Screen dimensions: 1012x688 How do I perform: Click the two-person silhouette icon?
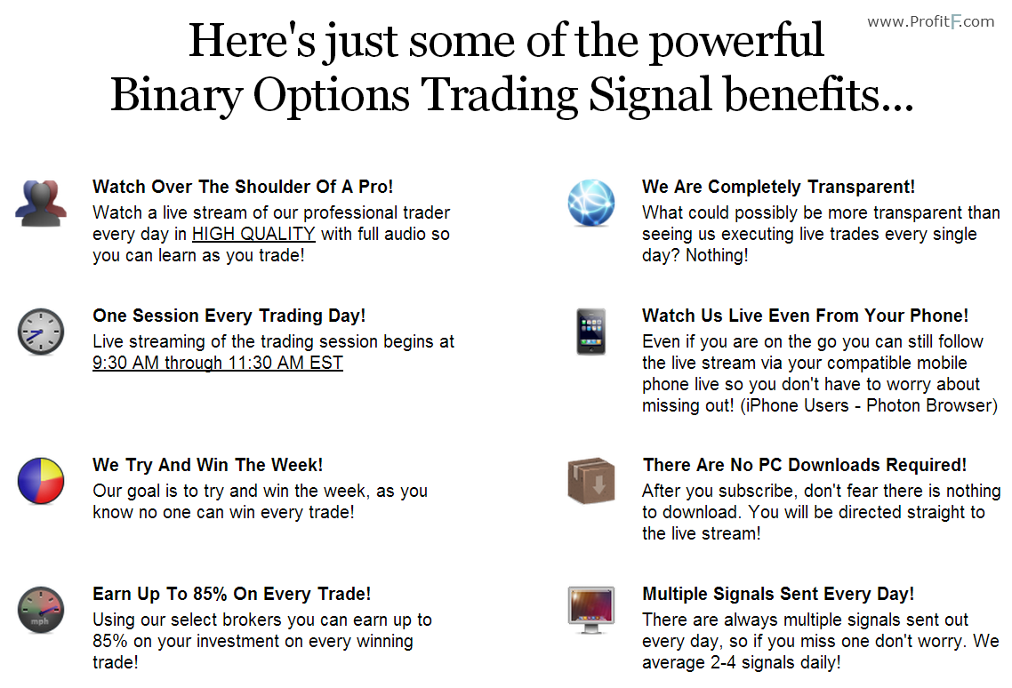[x=41, y=204]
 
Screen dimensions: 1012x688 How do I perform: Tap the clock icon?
[x=41, y=332]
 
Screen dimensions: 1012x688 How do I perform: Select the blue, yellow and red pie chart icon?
[x=41, y=481]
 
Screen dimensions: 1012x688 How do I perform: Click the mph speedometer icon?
[x=41, y=610]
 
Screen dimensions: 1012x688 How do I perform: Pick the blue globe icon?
[x=591, y=204]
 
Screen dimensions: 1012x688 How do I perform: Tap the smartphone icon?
[x=591, y=332]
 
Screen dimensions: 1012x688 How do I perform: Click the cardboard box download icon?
[x=591, y=481]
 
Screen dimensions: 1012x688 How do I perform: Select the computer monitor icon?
[x=591, y=610]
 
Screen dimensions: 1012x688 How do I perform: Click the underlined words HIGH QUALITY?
[x=253, y=235]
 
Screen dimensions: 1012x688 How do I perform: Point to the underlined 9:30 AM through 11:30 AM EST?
[x=218, y=364]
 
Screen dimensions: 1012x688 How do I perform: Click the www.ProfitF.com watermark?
[x=931, y=22]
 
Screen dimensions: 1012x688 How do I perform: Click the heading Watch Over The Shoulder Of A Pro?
[x=243, y=187]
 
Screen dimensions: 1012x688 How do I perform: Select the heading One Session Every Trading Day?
[x=229, y=316]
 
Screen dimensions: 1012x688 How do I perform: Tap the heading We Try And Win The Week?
[x=208, y=465]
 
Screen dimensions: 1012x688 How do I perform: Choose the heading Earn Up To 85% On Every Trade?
[x=232, y=594]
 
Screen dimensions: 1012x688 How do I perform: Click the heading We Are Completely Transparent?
[x=778, y=187]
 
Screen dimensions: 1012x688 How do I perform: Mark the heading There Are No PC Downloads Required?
[x=805, y=465]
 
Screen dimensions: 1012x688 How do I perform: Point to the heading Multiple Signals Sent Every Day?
[x=778, y=594]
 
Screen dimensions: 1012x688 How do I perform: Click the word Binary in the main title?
[x=176, y=95]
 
